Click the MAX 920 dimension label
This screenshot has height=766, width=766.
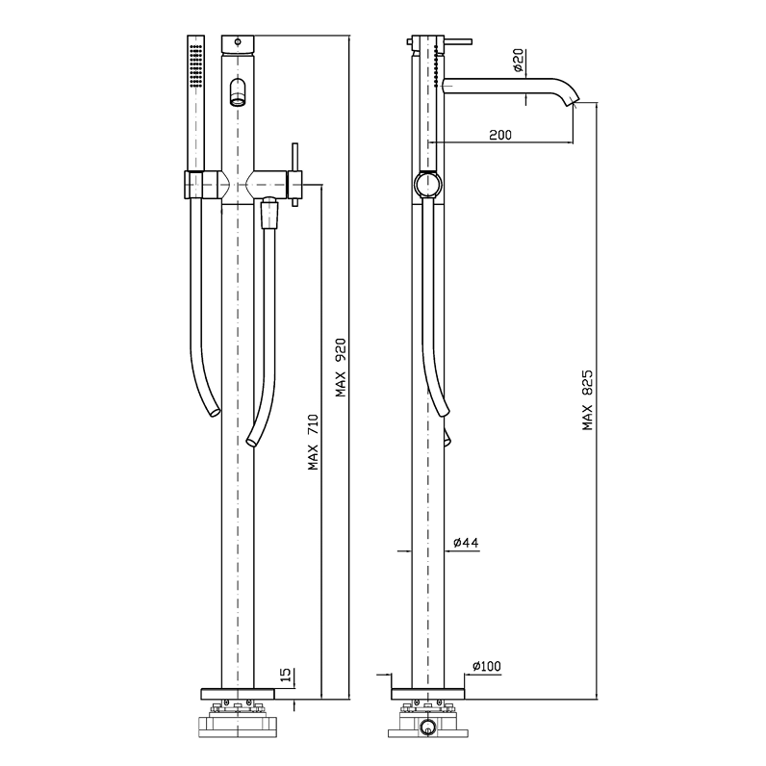click(341, 368)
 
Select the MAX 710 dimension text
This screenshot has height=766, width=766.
click(313, 442)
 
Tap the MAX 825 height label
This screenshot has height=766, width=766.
click(587, 400)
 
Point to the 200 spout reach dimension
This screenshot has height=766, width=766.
click(500, 135)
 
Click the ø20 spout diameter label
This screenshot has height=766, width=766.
click(519, 60)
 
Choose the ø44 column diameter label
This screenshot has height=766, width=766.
click(466, 542)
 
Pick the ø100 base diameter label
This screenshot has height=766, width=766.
click(487, 666)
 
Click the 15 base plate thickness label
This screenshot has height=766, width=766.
click(286, 675)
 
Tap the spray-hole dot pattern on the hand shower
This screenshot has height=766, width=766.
click(196, 65)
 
